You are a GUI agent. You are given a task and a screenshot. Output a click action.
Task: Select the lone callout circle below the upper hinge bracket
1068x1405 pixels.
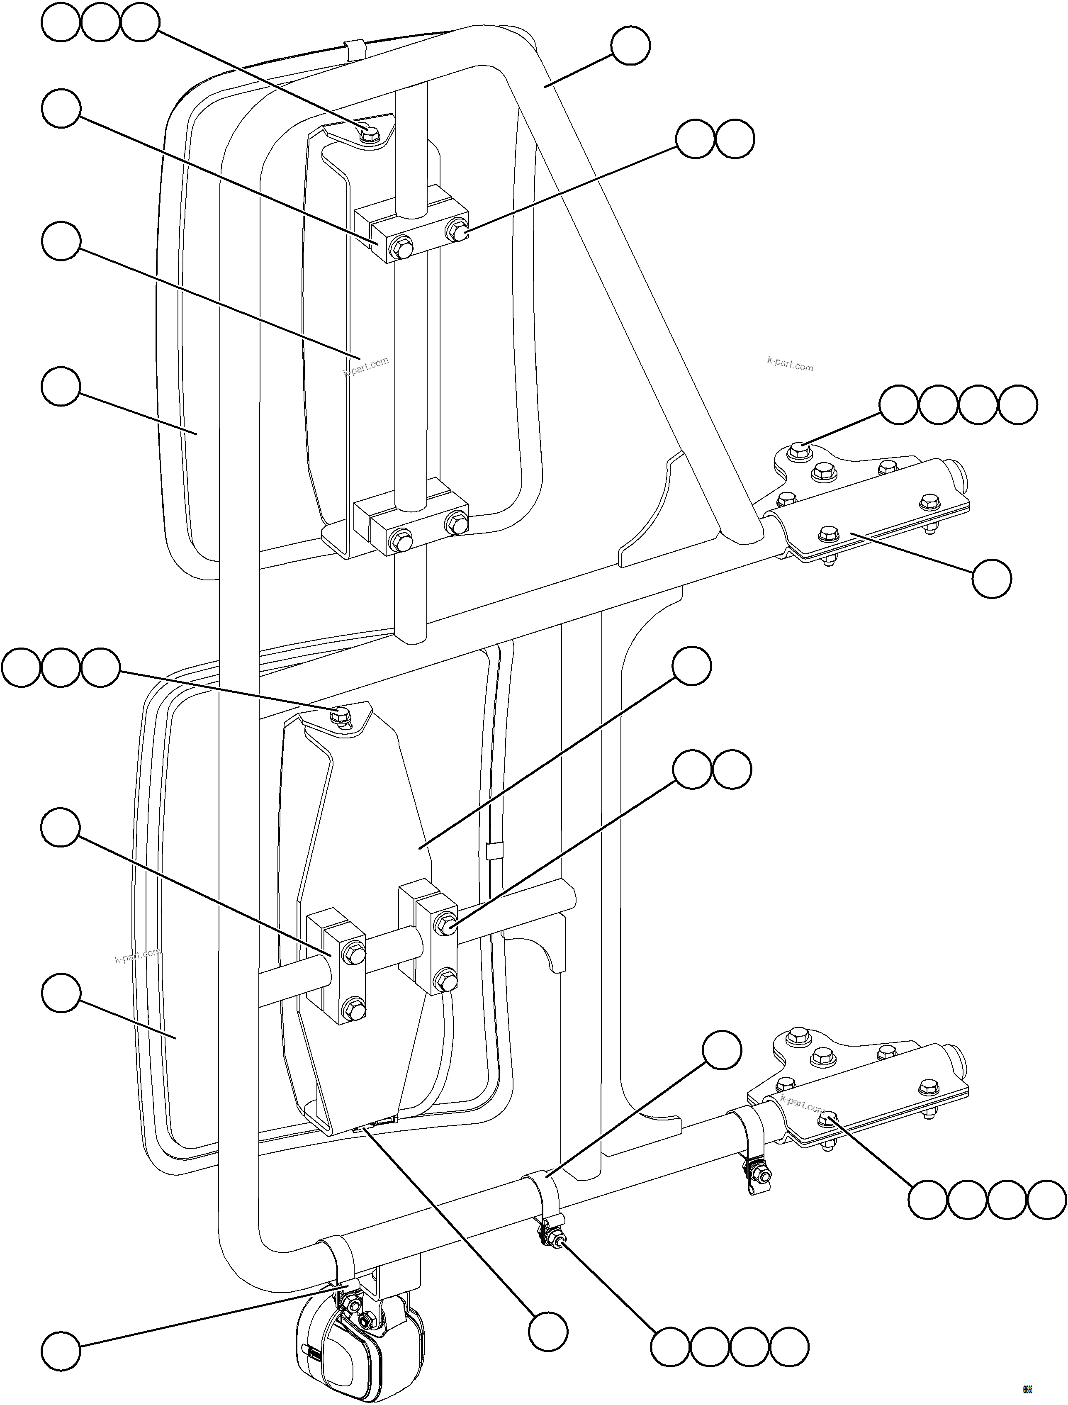click(x=992, y=579)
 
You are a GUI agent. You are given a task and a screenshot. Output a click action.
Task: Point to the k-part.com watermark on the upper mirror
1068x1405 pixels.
click(x=366, y=367)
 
